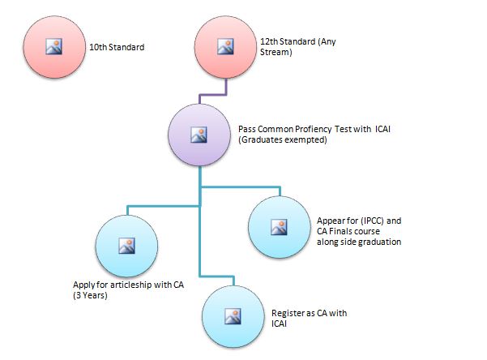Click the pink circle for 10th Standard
point(54,47)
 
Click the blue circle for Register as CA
point(232,314)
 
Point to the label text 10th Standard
point(116,47)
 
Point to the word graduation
point(377,242)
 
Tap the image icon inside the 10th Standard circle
point(54,47)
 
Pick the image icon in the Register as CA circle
point(232,314)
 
